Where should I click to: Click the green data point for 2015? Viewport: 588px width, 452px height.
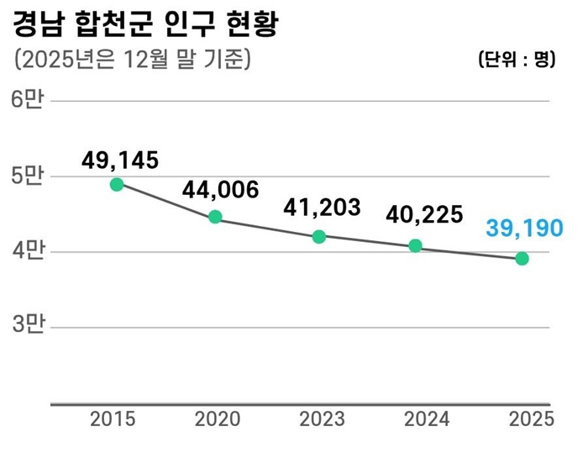[x=117, y=184]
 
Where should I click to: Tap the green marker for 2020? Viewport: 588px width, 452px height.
[x=215, y=217]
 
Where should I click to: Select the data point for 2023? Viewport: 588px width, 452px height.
[x=318, y=237]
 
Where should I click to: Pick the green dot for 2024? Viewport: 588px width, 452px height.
[x=415, y=246]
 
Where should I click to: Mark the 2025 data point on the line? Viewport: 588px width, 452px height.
[x=522, y=259]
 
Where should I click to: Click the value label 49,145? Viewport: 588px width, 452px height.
[x=120, y=160]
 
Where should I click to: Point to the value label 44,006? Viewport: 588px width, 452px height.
[x=220, y=191]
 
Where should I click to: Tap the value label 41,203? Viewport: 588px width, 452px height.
[x=322, y=208]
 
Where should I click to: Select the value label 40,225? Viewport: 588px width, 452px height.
[x=424, y=215]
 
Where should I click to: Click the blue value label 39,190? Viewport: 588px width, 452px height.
[x=523, y=228]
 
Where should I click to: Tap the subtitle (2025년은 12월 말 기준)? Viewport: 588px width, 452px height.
[x=133, y=60]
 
